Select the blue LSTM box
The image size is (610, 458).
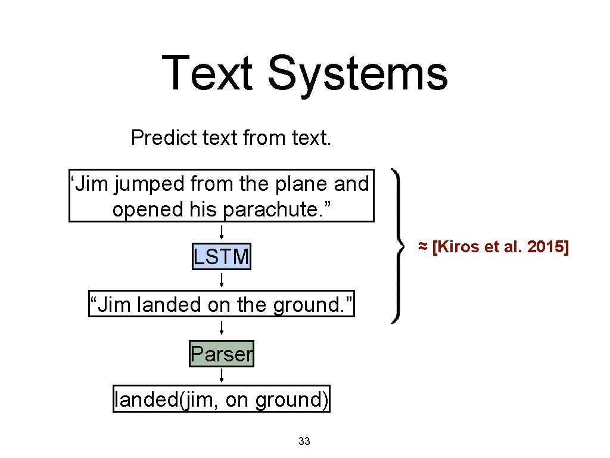(x=221, y=257)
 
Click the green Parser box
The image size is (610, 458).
(x=222, y=354)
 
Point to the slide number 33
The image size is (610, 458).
(x=304, y=441)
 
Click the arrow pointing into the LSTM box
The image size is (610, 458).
(x=222, y=233)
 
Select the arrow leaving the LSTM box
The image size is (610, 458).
(x=222, y=280)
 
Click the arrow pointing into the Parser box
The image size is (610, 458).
(x=222, y=327)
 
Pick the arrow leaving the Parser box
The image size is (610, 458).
(x=222, y=376)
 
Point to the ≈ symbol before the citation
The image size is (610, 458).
(x=422, y=247)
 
